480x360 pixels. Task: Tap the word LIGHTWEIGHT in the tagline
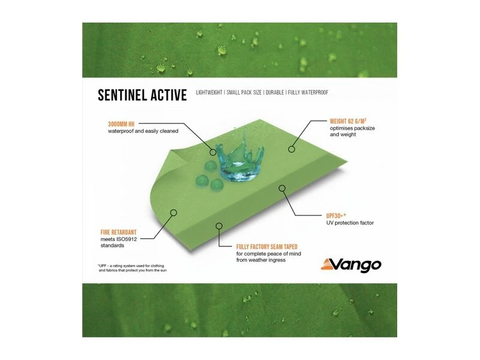pos(212,93)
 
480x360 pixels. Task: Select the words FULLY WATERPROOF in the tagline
pos(307,93)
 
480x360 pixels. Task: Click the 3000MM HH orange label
pos(124,124)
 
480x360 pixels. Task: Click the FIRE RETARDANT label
pos(124,230)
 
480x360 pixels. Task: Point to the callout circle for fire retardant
pos(173,212)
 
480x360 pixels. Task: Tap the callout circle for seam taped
pos(218,226)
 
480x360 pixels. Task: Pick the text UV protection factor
pos(350,223)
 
